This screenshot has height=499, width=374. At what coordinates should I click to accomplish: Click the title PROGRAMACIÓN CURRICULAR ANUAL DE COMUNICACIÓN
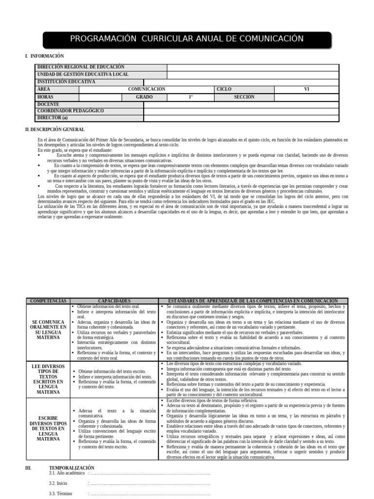click(187, 39)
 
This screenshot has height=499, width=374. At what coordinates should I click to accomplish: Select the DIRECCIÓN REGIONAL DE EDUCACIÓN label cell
click(81, 67)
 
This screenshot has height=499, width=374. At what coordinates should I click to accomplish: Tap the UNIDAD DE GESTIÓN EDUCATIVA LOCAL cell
click(83, 75)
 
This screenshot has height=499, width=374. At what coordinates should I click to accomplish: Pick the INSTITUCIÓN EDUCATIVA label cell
click(66, 82)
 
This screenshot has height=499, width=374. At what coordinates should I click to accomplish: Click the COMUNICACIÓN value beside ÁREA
click(147, 89)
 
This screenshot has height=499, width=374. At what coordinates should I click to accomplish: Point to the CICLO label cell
click(224, 89)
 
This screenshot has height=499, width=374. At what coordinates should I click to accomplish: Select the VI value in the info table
click(306, 89)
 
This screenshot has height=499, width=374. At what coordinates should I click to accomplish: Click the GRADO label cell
click(144, 97)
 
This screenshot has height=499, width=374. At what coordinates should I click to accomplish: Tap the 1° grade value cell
click(191, 97)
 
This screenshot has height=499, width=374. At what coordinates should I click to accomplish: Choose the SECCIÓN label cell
click(244, 97)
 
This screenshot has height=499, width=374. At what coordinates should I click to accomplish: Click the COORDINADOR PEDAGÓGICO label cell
click(71, 111)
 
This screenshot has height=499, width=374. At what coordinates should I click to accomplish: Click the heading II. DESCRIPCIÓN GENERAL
click(55, 130)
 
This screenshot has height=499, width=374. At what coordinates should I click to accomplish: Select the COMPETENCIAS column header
click(48, 301)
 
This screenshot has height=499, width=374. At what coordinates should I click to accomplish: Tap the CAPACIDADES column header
click(114, 301)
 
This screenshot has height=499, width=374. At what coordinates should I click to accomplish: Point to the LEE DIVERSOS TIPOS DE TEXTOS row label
click(48, 378)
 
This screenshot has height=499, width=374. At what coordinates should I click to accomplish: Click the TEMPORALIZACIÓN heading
click(72, 468)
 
